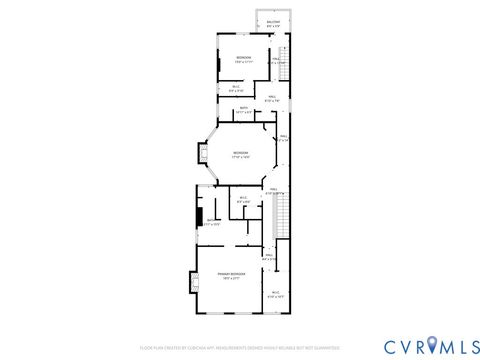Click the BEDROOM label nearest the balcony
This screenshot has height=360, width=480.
pyautogui.click(x=243, y=58)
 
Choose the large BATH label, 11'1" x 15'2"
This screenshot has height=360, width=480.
pyautogui.click(x=212, y=222)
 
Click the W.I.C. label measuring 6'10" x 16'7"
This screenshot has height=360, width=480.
pyautogui.click(x=274, y=293)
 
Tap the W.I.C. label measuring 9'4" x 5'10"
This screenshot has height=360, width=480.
pyautogui.click(x=237, y=87)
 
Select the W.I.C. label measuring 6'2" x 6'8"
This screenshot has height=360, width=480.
pyautogui.click(x=243, y=198)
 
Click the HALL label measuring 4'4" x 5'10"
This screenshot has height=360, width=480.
pyautogui.click(x=269, y=257)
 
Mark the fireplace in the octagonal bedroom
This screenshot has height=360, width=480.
pyautogui.click(x=200, y=154)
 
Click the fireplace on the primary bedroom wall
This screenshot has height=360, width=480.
pyautogui.click(x=188, y=283)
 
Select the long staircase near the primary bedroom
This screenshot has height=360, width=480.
pyautogui.click(x=281, y=215)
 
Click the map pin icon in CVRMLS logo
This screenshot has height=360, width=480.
pyautogui.click(x=431, y=345)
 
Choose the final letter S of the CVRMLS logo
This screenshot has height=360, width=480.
pyautogui.click(x=469, y=346)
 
